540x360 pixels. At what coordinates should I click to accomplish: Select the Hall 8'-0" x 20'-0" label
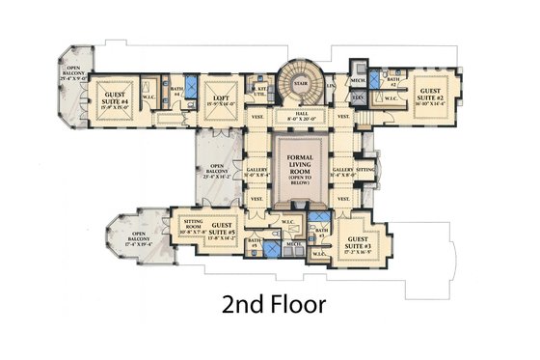(301, 116)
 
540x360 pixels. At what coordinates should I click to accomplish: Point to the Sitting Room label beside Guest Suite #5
(190, 227)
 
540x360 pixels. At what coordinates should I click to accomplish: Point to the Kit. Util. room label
(261, 93)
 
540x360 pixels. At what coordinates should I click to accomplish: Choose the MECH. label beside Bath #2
(357, 81)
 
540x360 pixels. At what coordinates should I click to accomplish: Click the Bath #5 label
(254, 242)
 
